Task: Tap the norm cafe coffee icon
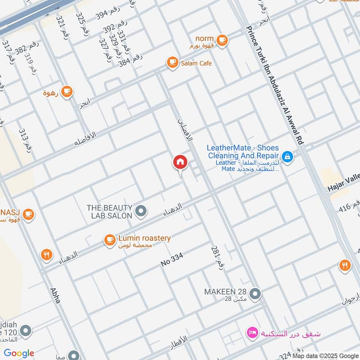coord(221,40)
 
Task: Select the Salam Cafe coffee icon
coord(172,63)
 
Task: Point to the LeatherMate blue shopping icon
coord(288,157)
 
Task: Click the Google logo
coord(19,353)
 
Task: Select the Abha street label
coord(55,295)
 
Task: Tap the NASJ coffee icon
coord(28,214)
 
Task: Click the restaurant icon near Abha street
coord(46,255)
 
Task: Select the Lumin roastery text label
coord(144,238)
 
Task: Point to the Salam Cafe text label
coord(196,63)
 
